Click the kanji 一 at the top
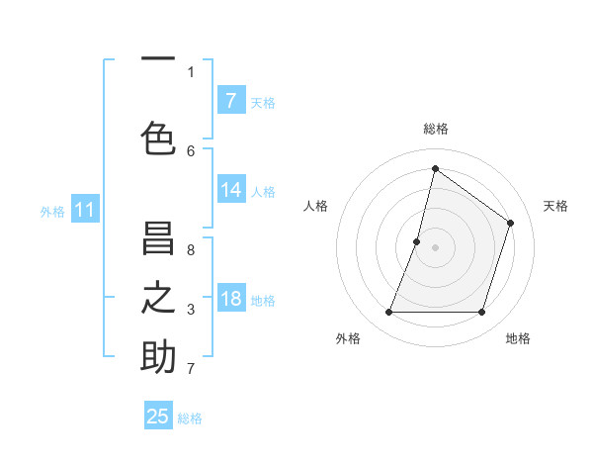[158, 60]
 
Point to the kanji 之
[158, 297]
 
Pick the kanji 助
[158, 357]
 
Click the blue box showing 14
[231, 191]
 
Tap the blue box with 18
[231, 300]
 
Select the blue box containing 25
[158, 416]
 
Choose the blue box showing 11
[85, 210]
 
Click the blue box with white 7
[231, 100]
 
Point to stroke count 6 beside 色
[191, 151]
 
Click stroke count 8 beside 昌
[191, 250]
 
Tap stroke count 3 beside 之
[191, 310]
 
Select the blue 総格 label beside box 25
[190, 418]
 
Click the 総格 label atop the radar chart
[435, 129]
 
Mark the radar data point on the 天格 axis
[511, 224]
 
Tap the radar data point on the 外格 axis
[388, 313]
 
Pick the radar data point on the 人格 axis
[417, 241]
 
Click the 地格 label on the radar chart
[518, 338]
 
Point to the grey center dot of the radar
[435, 247]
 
